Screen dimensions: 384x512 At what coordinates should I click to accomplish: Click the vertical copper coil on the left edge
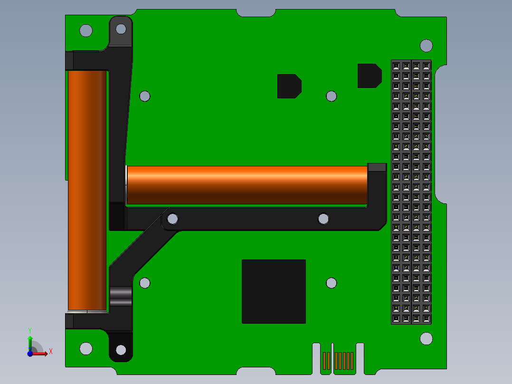[86, 190]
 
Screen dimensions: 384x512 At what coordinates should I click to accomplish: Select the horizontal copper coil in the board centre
[247, 185]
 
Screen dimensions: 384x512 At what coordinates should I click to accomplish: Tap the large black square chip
[274, 291]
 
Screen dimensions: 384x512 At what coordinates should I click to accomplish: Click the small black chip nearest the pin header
[369, 76]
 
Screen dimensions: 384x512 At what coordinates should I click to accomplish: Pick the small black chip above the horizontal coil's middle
[289, 86]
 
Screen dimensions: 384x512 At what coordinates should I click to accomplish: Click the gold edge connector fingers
[339, 361]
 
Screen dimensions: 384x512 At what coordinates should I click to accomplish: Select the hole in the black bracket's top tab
[121, 29]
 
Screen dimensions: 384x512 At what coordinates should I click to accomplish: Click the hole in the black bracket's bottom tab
[121, 350]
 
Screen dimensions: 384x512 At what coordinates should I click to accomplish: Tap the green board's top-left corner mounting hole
[86, 30]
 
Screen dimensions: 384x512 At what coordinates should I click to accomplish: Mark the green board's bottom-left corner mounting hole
[86, 348]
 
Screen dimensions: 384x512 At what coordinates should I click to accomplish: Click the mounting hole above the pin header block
[427, 46]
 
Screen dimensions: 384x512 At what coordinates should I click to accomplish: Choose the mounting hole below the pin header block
[427, 338]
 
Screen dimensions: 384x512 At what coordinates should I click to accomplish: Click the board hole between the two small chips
[332, 96]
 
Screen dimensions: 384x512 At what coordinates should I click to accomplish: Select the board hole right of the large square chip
[332, 283]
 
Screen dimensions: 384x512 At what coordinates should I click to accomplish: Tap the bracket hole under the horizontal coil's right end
[323, 219]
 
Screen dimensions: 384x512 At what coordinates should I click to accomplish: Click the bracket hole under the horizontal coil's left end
[173, 219]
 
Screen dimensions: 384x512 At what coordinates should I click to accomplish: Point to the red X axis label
[51, 351]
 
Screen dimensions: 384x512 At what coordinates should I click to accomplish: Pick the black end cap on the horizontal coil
[377, 167]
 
